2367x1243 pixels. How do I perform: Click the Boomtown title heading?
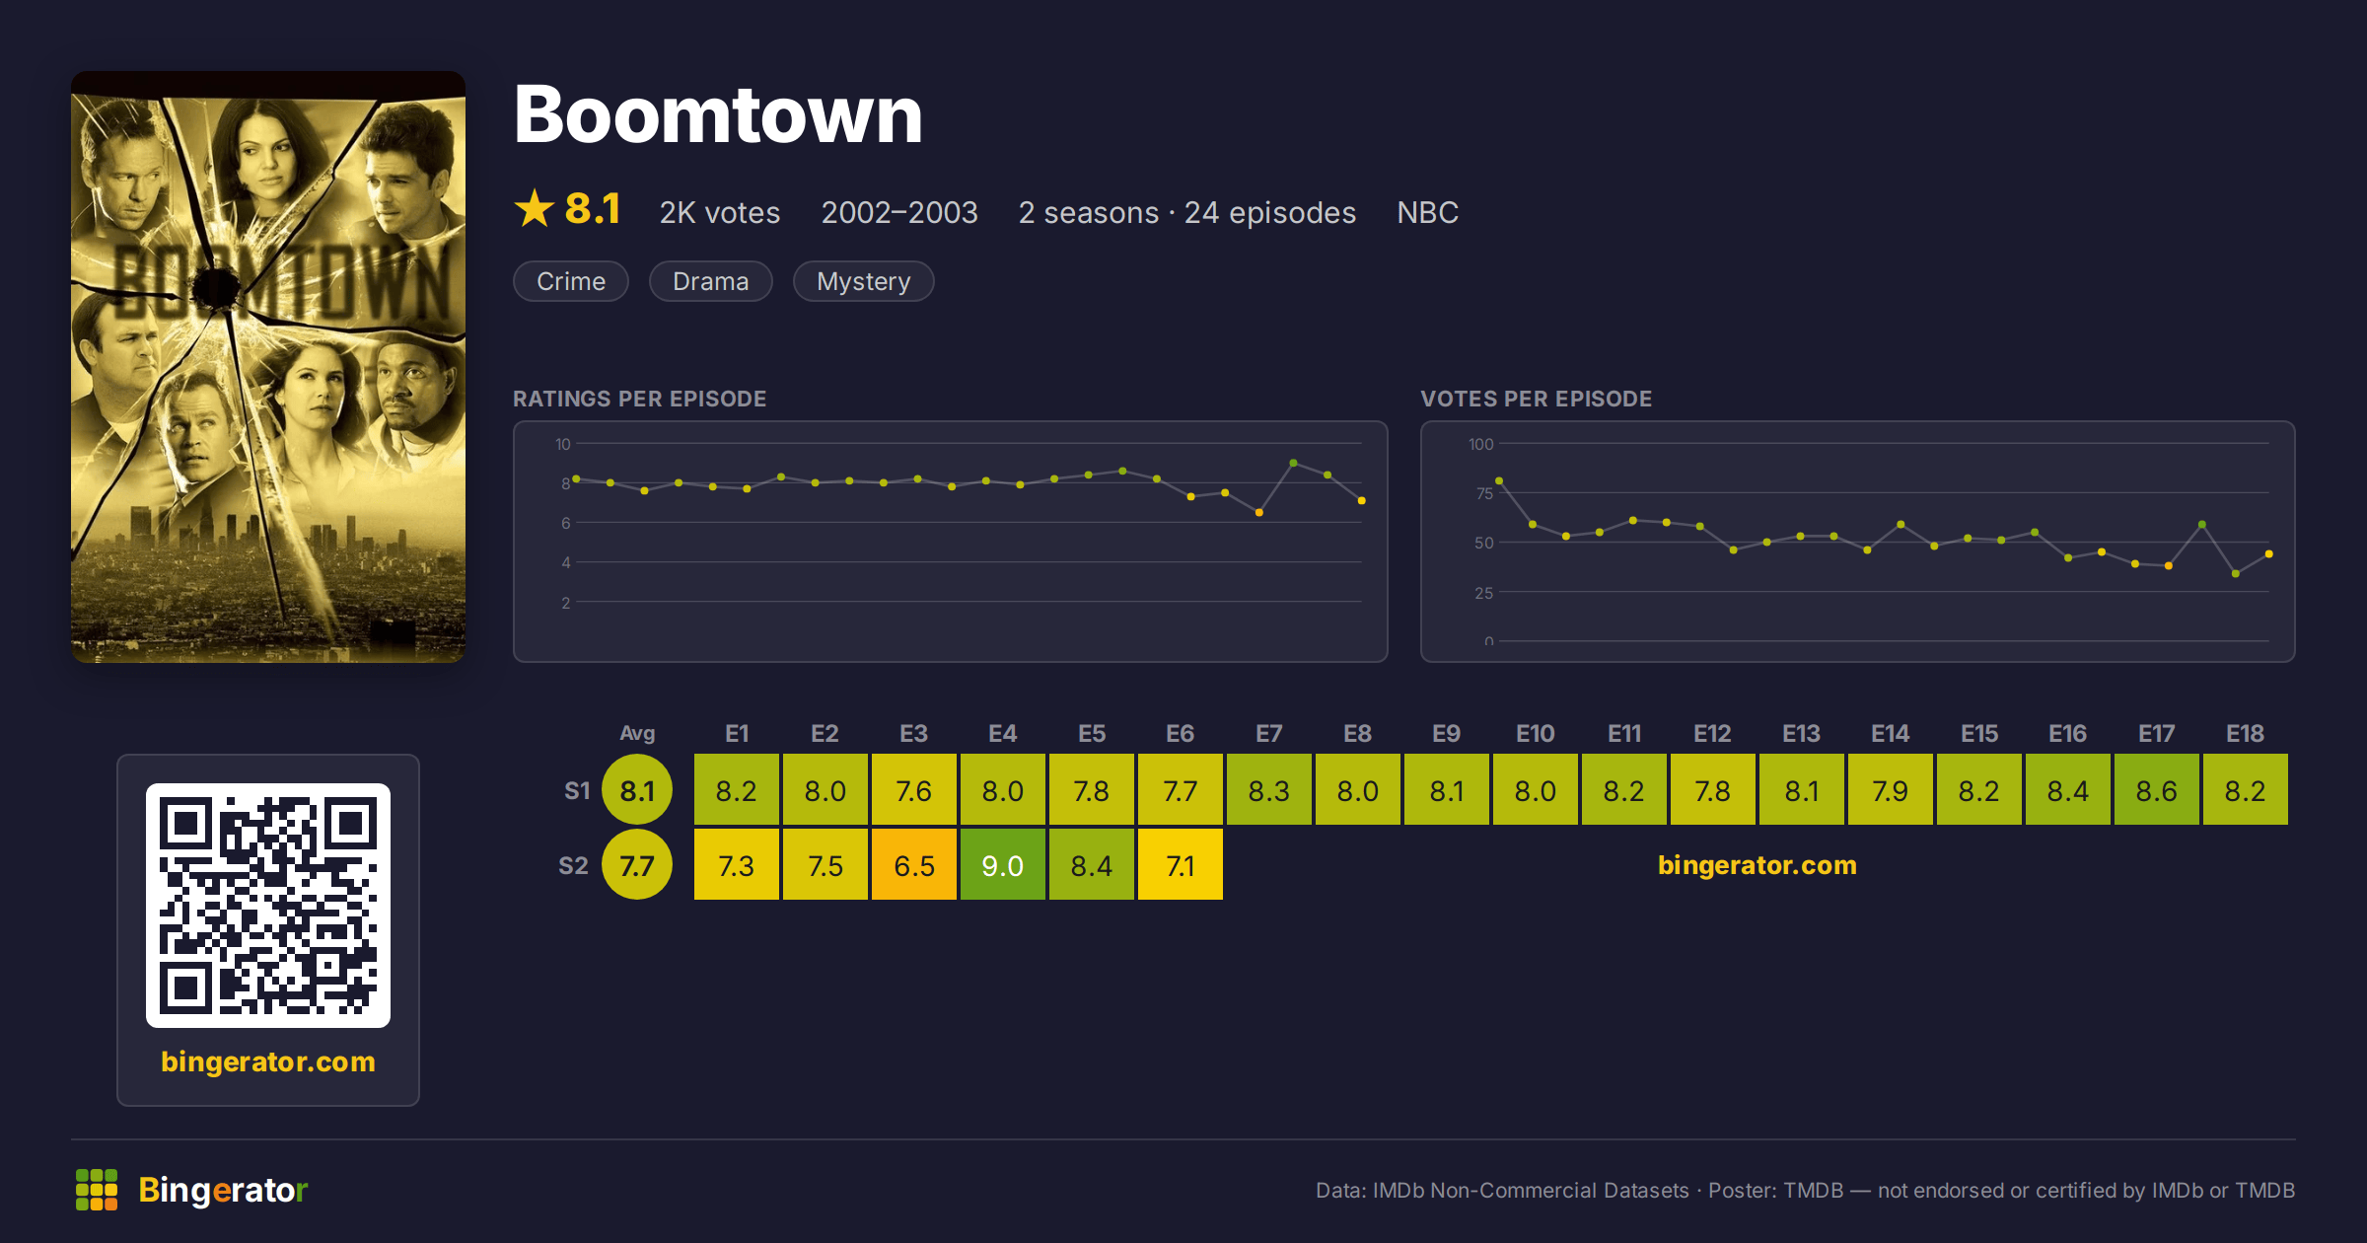click(718, 115)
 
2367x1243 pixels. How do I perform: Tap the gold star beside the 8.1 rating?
click(535, 208)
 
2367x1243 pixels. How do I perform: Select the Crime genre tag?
click(571, 281)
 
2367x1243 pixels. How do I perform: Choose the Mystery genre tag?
click(863, 281)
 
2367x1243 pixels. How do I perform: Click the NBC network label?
click(1427, 212)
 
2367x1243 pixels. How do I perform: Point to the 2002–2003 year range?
click(899, 212)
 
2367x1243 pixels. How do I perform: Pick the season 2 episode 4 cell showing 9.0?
click(1003, 865)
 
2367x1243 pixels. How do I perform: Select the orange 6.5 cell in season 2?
click(914, 865)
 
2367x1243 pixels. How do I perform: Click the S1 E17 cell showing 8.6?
click(2157, 790)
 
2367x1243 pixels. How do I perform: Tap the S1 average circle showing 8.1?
click(637, 790)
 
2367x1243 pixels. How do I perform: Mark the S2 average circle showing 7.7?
click(637, 865)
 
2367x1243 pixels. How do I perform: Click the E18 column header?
click(2245, 734)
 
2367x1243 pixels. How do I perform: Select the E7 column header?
click(1268, 734)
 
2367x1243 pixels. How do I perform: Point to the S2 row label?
click(573, 866)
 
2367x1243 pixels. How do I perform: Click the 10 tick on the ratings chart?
click(563, 444)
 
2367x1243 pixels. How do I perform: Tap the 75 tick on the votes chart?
click(1484, 493)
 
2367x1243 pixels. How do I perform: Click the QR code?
click(268, 906)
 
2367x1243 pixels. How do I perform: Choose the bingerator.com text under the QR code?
click(268, 1061)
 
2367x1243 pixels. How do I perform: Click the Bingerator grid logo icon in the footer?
click(97, 1190)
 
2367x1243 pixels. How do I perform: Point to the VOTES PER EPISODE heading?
click(1536, 399)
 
